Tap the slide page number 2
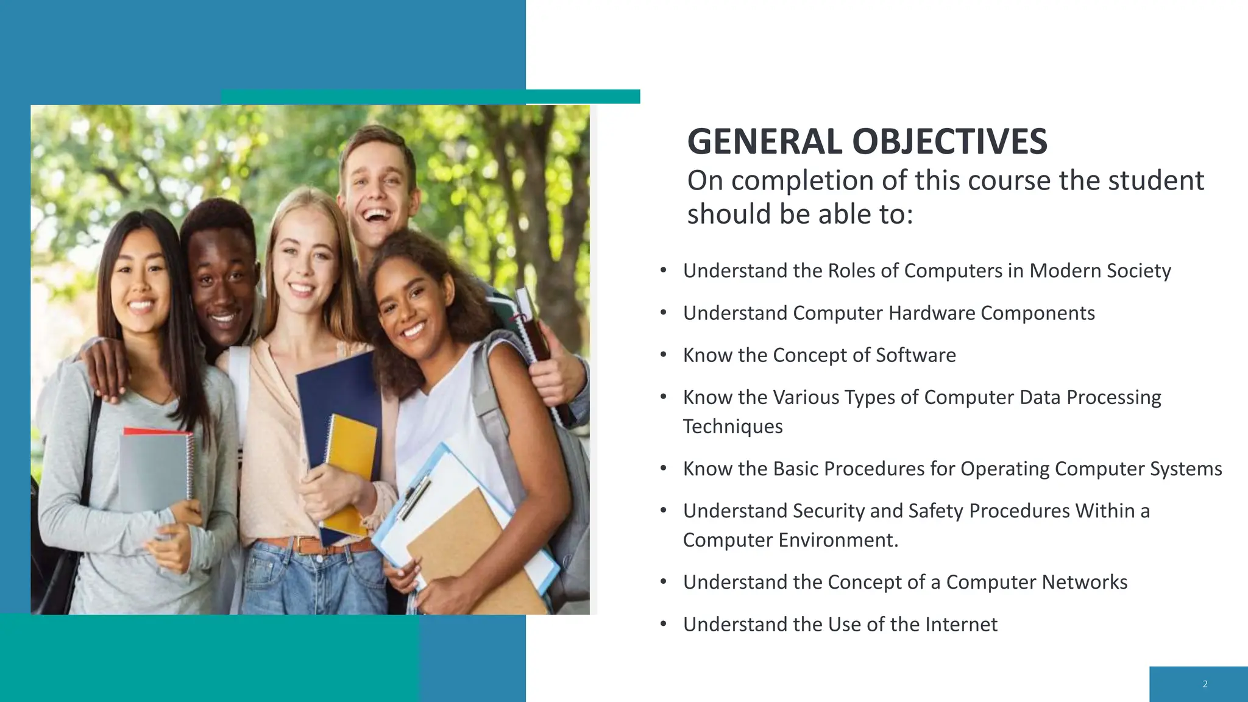click(x=1205, y=684)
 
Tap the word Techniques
click(x=732, y=427)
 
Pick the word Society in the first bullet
click(x=1135, y=271)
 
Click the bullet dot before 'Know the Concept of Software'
click(x=664, y=354)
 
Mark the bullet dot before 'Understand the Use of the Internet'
click(x=664, y=623)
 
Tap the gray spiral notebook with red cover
click(x=155, y=469)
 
